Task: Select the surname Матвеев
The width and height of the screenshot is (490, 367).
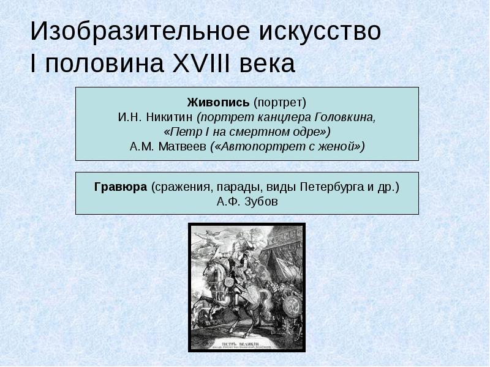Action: coord(183,146)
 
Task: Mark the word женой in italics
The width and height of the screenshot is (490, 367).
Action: coord(337,146)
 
